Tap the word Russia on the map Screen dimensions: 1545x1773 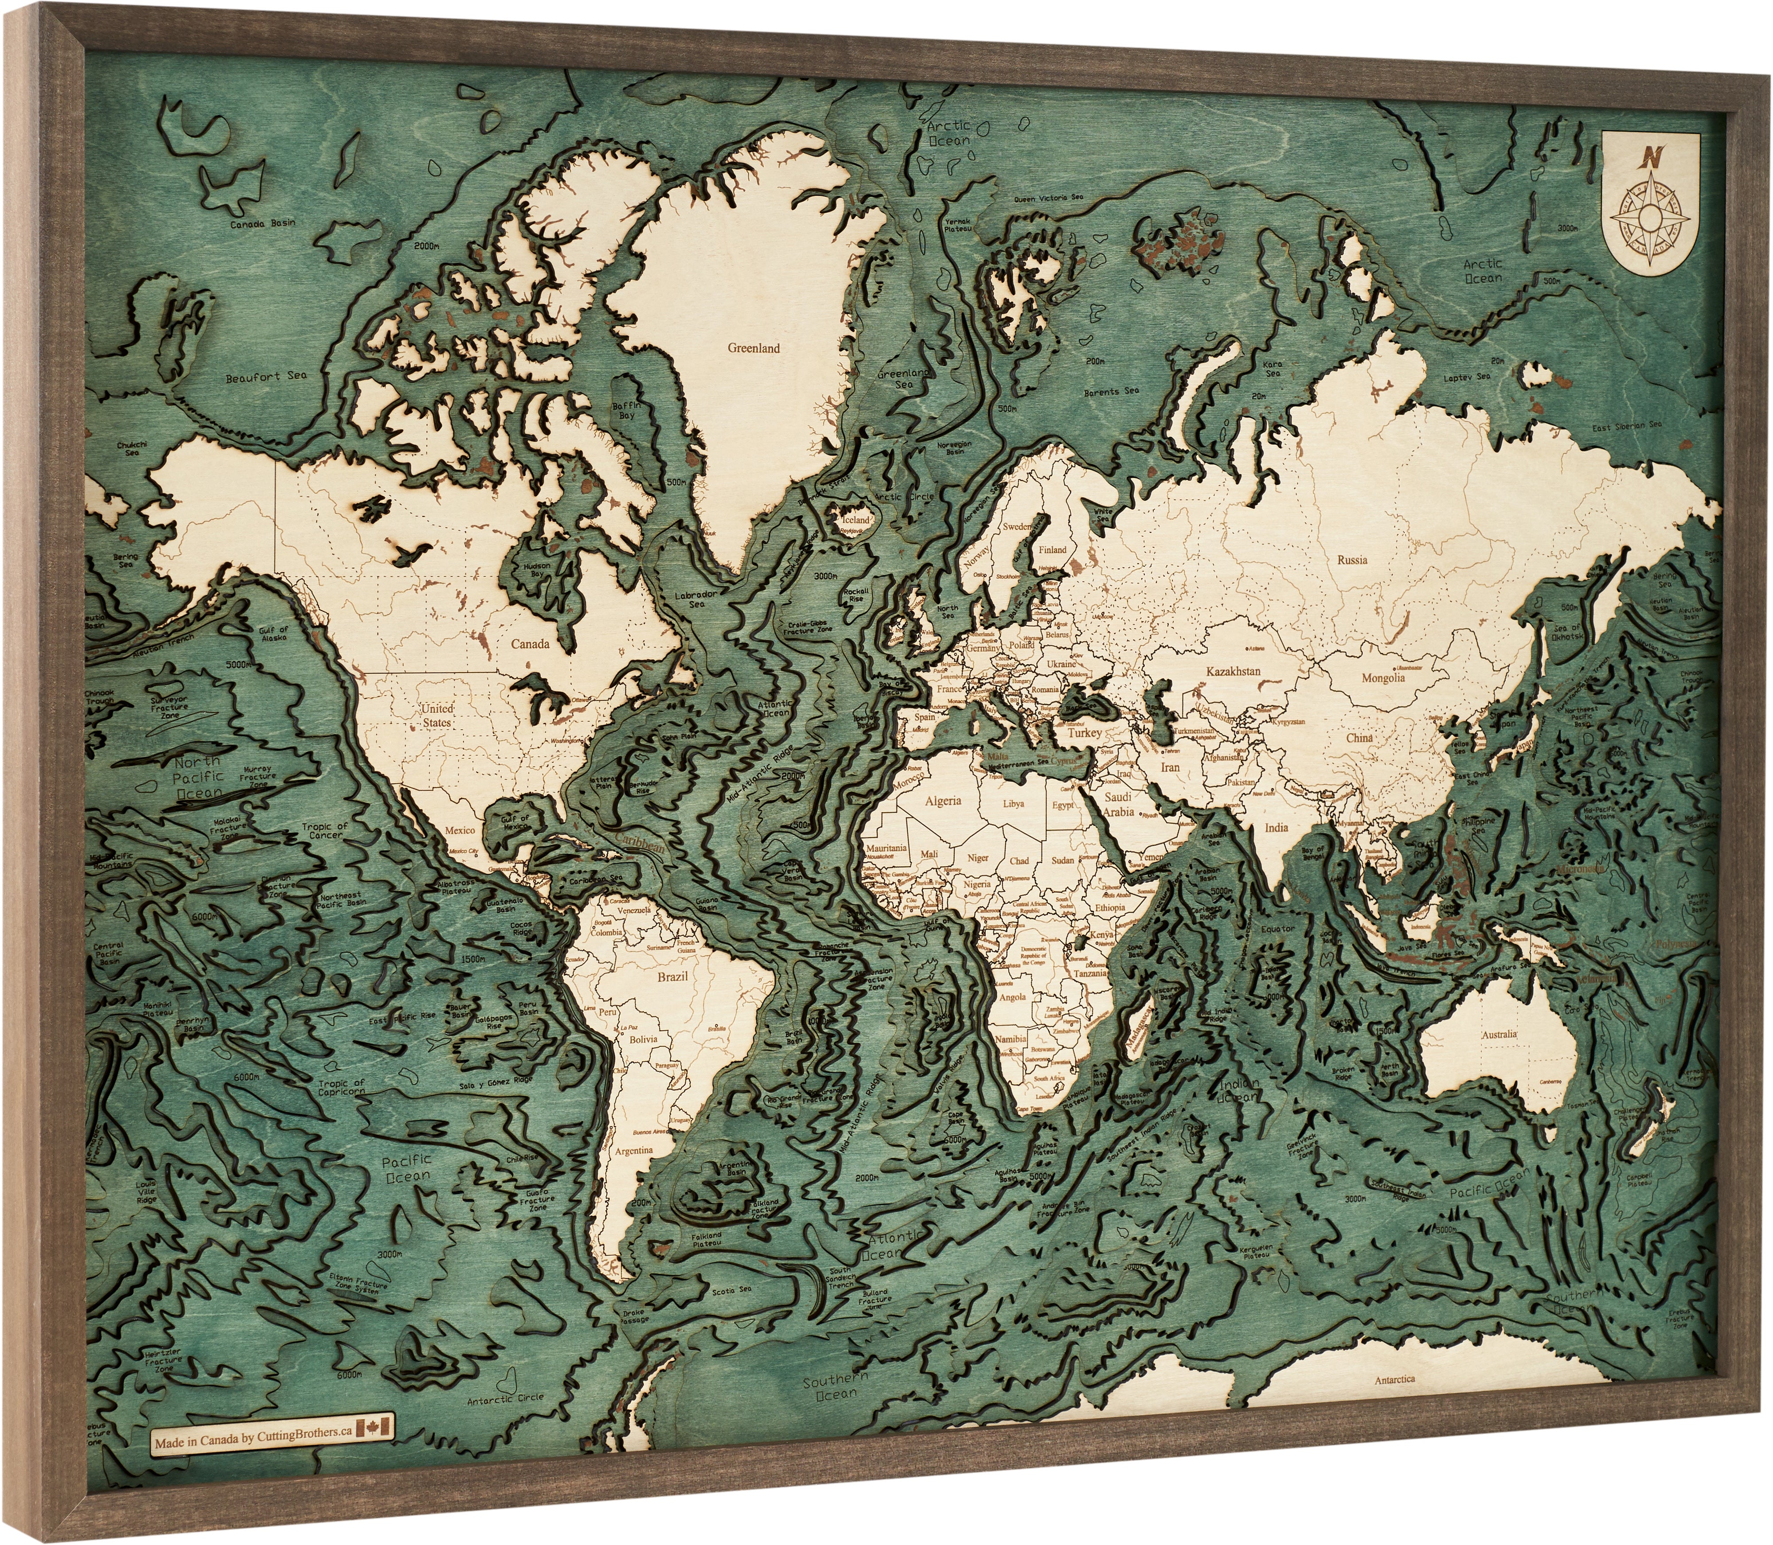point(1352,560)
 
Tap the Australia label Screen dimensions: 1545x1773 point(1500,1035)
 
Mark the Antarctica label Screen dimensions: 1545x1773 point(1394,1379)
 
